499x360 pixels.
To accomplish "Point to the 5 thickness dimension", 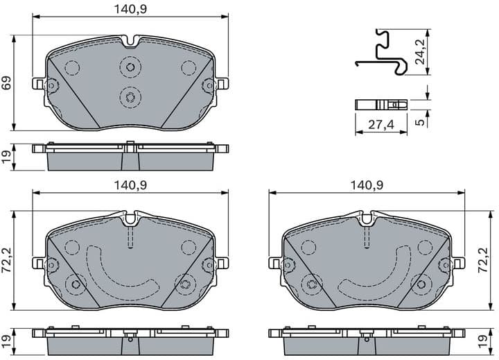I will point(419,122).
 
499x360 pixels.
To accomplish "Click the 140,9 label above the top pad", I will point(130,9).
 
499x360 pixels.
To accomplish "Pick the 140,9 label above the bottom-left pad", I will point(130,185).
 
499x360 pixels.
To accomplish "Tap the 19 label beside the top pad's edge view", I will point(6,157).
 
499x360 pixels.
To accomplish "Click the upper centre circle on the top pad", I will point(130,67).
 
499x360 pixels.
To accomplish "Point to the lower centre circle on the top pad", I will point(130,96).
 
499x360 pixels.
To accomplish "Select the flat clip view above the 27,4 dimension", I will point(380,105).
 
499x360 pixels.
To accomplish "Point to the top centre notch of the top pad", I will point(130,42).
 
